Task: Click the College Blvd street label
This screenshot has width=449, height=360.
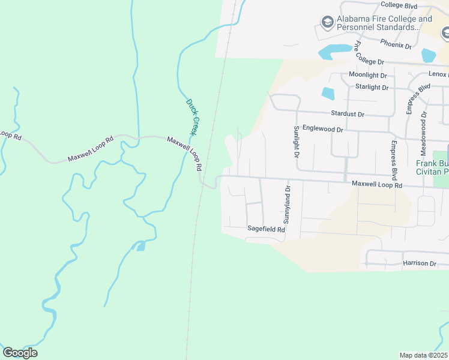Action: click(x=399, y=5)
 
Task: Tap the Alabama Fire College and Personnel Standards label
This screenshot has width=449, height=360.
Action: click(x=384, y=23)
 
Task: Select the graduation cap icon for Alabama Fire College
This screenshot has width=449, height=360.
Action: click(x=327, y=23)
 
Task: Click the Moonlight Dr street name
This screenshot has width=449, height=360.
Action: click(x=368, y=75)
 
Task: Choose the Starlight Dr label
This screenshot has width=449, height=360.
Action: click(x=372, y=87)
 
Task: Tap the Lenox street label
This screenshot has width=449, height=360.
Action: click(x=438, y=74)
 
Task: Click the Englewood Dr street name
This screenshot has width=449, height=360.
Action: click(x=322, y=128)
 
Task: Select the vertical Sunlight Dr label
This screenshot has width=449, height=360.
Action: click(x=296, y=142)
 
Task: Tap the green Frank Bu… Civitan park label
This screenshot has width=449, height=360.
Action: click(x=433, y=167)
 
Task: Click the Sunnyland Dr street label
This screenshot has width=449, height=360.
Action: click(x=287, y=205)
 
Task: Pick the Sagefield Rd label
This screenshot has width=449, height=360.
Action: click(x=266, y=229)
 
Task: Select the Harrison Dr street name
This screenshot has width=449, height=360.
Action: click(x=420, y=263)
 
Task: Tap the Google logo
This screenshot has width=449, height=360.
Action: click(x=20, y=353)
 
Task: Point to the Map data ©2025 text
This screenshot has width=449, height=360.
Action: click(x=423, y=355)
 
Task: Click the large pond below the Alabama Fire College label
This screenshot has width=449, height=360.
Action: click(x=335, y=52)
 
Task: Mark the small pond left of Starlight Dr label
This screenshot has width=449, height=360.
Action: click(x=328, y=93)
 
